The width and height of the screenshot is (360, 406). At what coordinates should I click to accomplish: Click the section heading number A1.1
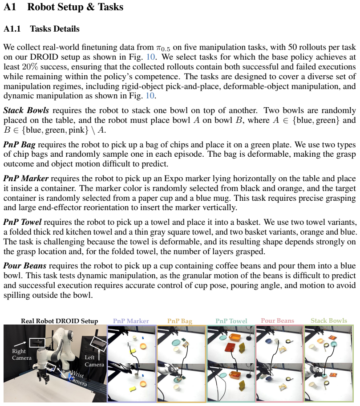pyautogui.click(x=12, y=29)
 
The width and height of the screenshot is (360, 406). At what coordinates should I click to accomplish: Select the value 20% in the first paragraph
pyautogui.click(x=30, y=67)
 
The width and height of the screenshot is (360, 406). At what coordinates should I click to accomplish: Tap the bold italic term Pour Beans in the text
pyautogui.click(x=25, y=266)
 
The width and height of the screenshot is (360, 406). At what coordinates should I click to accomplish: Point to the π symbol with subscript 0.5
pyautogui.click(x=163, y=48)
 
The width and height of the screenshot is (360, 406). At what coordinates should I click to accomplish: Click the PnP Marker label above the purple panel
pyautogui.click(x=131, y=321)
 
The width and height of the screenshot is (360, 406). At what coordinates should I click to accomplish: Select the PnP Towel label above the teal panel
pyautogui.click(x=231, y=321)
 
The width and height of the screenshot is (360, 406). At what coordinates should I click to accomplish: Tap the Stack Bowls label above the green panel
pyautogui.click(x=329, y=321)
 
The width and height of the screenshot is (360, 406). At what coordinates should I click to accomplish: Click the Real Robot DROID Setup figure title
pyautogui.click(x=59, y=321)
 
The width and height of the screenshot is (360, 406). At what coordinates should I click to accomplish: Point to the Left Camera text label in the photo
pyautogui.click(x=94, y=361)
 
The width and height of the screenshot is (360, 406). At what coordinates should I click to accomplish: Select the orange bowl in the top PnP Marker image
pyautogui.click(x=143, y=346)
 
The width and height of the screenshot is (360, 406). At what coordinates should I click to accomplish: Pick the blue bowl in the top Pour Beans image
pyautogui.click(x=268, y=341)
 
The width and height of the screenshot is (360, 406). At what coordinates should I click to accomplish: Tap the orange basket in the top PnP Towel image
pyautogui.click(x=235, y=337)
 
